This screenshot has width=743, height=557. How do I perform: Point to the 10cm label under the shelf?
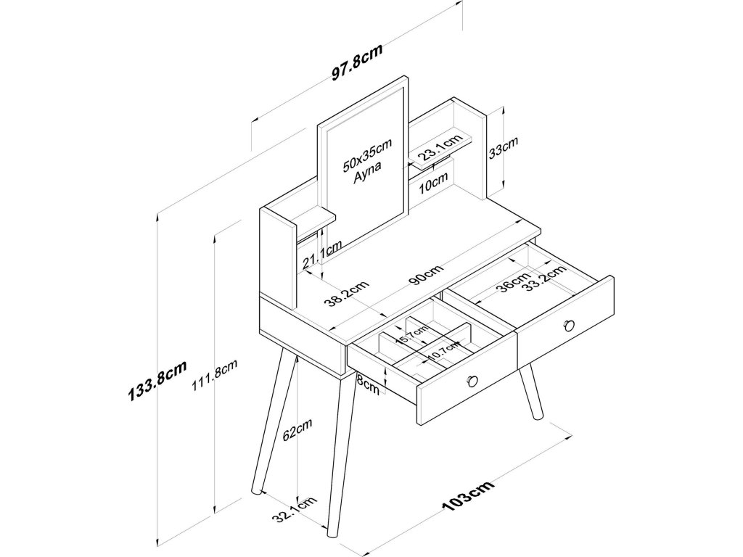[x=433, y=184]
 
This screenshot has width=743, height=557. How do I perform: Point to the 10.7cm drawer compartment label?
[x=443, y=352]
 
